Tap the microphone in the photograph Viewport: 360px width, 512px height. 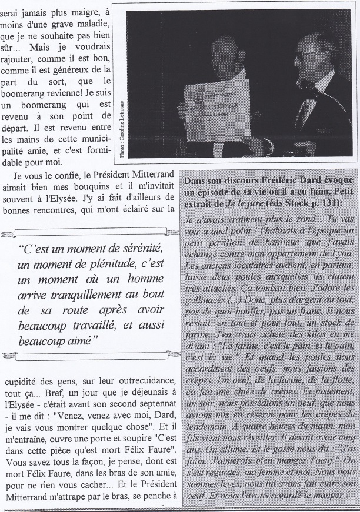coord(307,86)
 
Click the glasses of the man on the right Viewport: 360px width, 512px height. coord(308,56)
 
